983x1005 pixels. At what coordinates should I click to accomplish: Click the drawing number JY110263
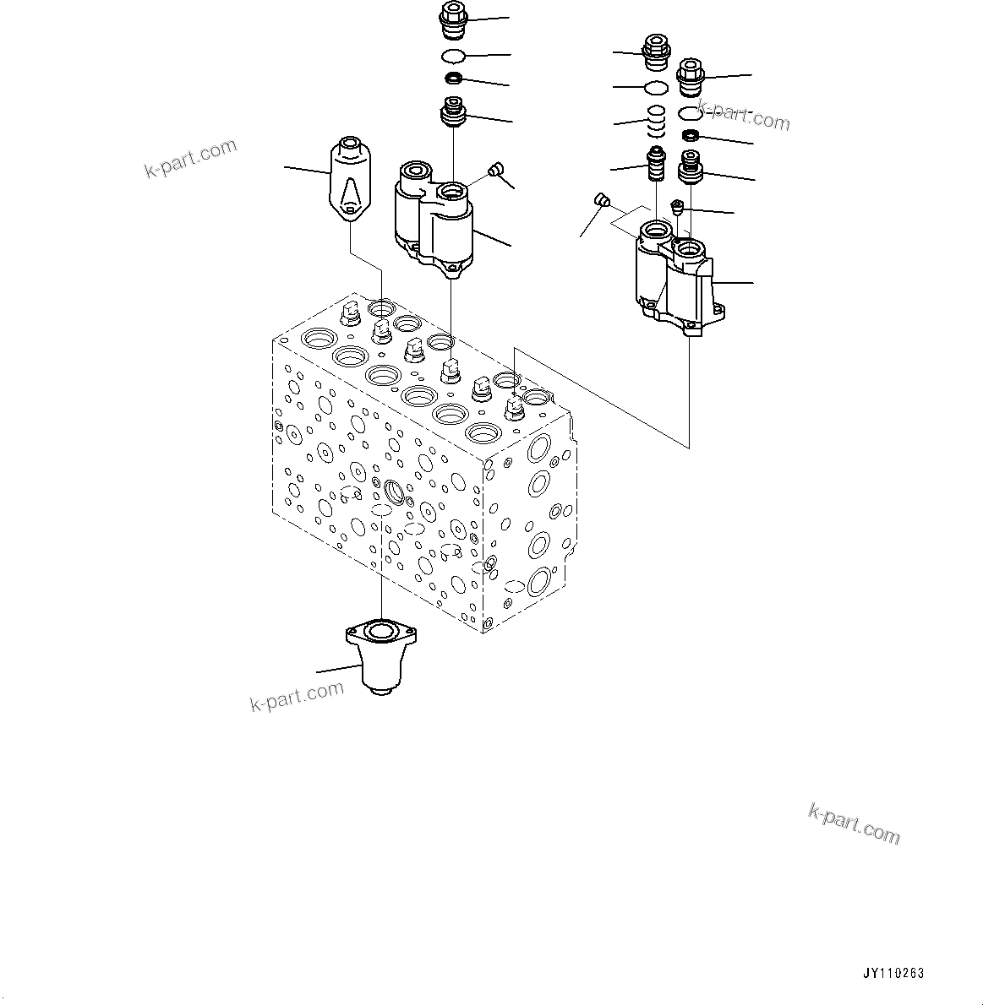point(893,973)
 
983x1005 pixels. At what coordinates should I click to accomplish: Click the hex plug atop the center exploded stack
point(454,19)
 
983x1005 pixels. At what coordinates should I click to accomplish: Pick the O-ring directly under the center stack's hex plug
point(454,56)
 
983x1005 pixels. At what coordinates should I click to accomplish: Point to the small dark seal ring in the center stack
point(454,79)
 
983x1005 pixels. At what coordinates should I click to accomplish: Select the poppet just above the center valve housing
point(454,113)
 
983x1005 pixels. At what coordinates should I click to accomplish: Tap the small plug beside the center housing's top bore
point(496,171)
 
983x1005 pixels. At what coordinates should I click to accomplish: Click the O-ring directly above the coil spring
point(656,88)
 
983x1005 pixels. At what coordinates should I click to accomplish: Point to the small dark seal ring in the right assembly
point(691,137)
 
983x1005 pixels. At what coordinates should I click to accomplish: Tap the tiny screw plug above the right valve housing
point(676,205)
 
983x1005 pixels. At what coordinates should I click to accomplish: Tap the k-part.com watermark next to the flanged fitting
point(298,696)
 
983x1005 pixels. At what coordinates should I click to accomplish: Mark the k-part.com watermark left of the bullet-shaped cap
point(191,160)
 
